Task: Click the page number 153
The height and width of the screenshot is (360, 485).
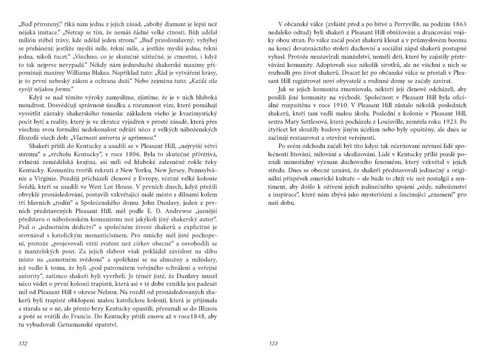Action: (274, 343)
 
